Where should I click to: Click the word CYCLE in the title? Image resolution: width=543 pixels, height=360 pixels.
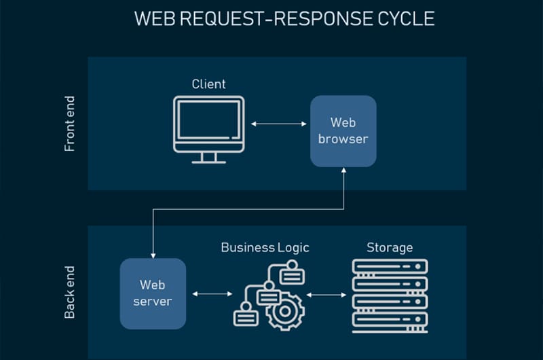[406, 18]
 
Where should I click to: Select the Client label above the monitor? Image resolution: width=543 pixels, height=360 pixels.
[208, 84]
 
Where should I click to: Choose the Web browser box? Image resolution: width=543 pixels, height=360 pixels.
[343, 131]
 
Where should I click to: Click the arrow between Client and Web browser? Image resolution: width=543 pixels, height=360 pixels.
[278, 124]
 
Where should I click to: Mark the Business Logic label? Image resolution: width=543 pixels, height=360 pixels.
[265, 247]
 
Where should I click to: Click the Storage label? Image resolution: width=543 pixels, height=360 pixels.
[390, 247]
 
